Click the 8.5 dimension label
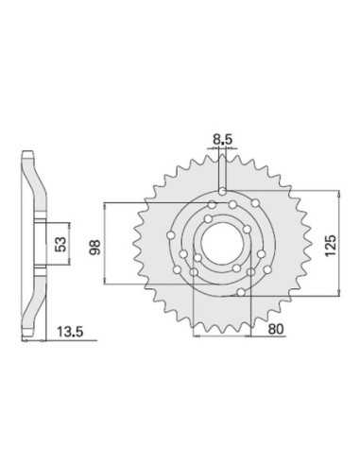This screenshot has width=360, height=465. pos(222,139)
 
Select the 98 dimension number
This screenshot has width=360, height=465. pos(94,247)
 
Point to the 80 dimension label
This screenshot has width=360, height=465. pos(276,329)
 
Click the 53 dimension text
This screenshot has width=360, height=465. pos(61,244)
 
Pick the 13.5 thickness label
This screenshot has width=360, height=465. pos(70,332)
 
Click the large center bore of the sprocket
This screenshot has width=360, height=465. pos(222,244)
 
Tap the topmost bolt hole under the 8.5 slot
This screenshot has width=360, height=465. pos(222,191)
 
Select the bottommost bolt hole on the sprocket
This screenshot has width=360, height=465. pos(241,292)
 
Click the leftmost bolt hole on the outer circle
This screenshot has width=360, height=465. pos(171,235)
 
